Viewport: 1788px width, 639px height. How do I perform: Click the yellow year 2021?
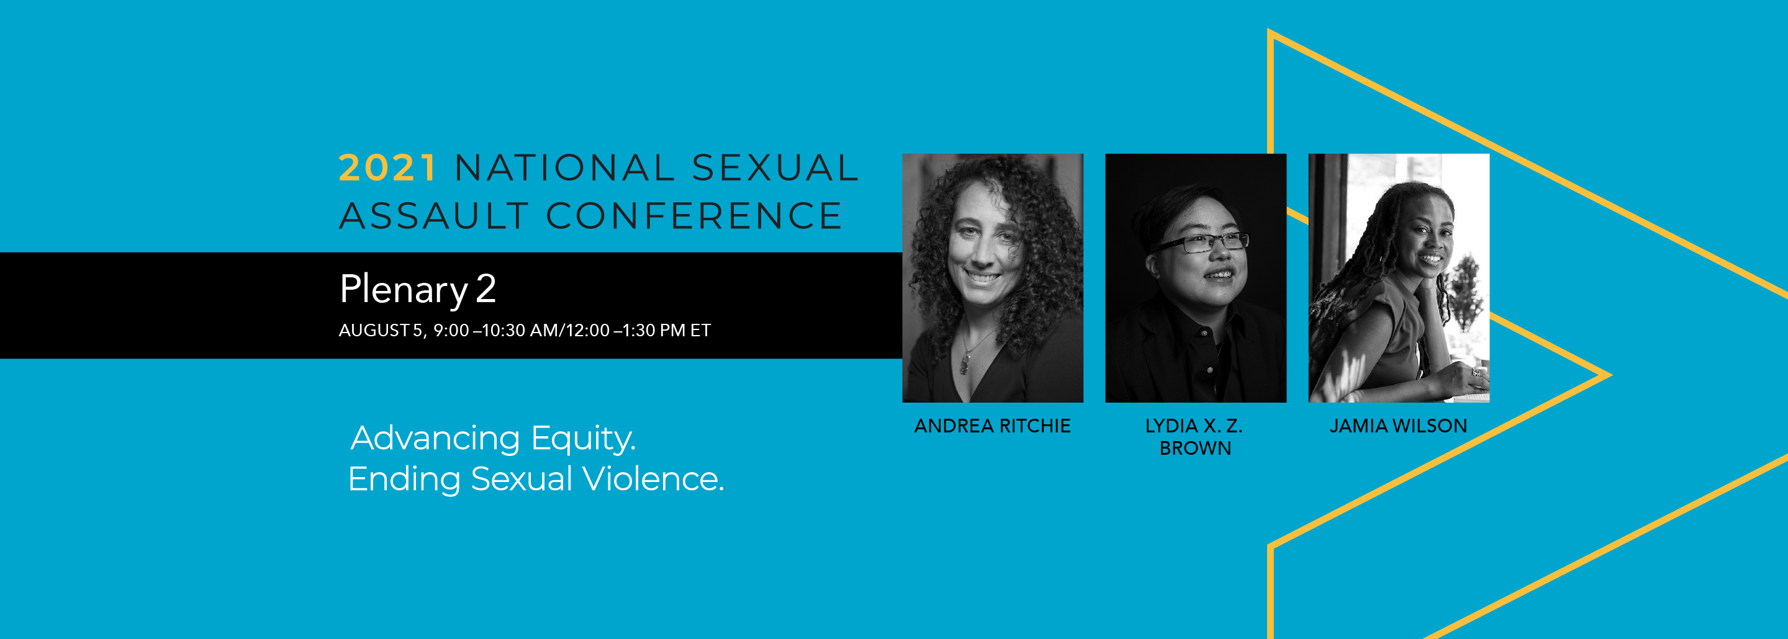[388, 168]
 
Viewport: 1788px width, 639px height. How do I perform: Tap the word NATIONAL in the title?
[565, 168]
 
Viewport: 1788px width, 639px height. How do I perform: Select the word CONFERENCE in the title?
[694, 216]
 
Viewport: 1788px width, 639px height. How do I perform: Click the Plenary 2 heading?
[418, 290]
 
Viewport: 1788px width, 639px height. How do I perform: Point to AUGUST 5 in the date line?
[381, 330]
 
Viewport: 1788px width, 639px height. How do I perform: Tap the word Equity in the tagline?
[583, 439]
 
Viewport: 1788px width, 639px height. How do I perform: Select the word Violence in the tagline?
[653, 479]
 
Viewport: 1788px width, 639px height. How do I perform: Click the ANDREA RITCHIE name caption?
[993, 426]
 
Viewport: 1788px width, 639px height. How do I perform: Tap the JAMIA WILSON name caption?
[1399, 426]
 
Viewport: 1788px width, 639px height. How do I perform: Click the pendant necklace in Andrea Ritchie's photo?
[965, 362]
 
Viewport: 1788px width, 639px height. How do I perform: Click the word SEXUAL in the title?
[775, 168]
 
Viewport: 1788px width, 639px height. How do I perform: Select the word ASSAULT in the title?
[435, 216]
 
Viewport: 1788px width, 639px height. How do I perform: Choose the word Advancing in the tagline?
[435, 439]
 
